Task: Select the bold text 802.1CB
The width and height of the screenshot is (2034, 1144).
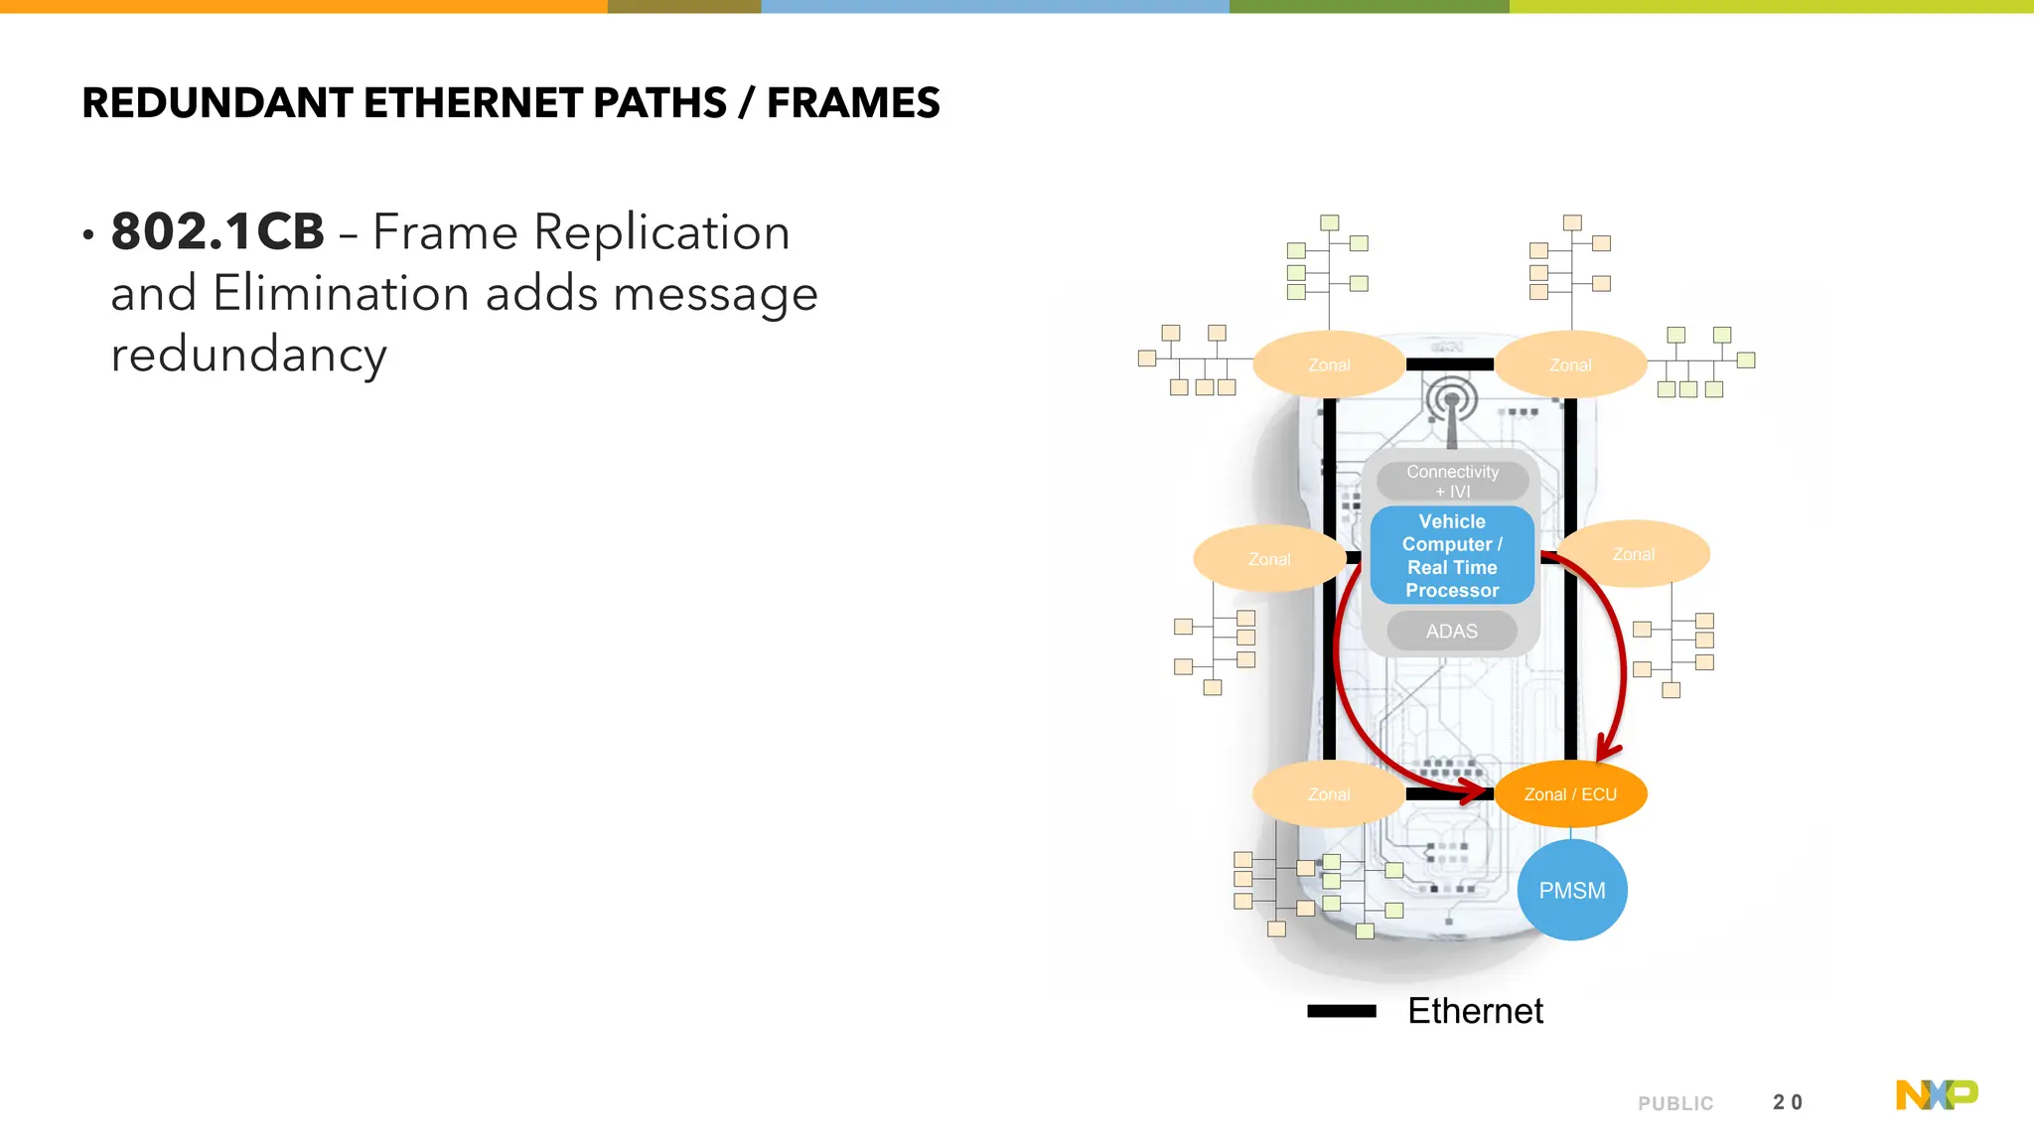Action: (x=218, y=232)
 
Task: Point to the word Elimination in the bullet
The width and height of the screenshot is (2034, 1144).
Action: (x=341, y=294)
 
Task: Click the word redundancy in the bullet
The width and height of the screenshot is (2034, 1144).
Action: (x=248, y=355)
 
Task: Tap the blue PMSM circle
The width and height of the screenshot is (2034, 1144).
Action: (x=1571, y=890)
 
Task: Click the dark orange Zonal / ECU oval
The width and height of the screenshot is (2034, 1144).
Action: (x=1570, y=794)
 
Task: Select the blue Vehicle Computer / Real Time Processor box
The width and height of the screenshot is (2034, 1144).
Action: (x=1452, y=555)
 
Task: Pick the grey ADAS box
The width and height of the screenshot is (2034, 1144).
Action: (x=1451, y=632)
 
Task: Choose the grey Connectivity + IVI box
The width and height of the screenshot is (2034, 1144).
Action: (x=1452, y=481)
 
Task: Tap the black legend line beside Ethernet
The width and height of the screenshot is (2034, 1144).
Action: (x=1341, y=1011)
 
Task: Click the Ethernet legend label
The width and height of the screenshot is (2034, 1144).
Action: (x=1475, y=1011)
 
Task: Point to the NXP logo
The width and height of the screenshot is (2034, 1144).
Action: (x=1936, y=1094)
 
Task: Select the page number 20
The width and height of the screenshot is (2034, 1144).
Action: (x=1787, y=1102)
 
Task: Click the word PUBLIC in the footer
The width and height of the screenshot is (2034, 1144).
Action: (x=1675, y=1103)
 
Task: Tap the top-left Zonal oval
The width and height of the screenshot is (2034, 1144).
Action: (x=1329, y=364)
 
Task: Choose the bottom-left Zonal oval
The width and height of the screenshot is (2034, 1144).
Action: (x=1328, y=794)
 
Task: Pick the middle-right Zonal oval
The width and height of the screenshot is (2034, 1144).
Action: (x=1633, y=554)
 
